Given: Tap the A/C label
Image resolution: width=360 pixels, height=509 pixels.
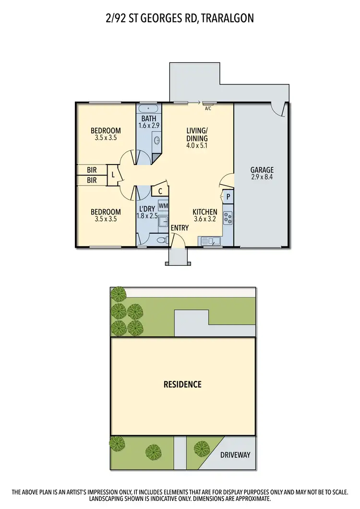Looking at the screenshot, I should [x=208, y=109].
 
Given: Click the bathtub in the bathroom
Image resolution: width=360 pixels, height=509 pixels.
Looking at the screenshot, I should [x=149, y=108].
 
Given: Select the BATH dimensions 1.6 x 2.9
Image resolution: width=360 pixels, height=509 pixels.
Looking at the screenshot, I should [x=149, y=125].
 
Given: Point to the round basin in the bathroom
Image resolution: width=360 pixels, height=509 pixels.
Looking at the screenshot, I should [x=157, y=140].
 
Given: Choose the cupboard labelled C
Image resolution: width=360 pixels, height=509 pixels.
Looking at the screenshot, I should [x=160, y=191].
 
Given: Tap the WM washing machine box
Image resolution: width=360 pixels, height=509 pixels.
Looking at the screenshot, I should [x=163, y=206].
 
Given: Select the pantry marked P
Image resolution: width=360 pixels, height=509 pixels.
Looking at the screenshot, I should [x=228, y=196].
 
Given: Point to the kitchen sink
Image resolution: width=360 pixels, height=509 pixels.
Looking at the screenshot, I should [x=210, y=241].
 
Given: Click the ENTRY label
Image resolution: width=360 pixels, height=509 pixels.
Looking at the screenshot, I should [x=180, y=228].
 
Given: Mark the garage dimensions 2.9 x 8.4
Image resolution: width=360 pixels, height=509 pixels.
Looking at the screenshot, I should [x=262, y=177].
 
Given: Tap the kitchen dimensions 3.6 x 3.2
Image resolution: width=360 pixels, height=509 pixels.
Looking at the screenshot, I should [x=205, y=219].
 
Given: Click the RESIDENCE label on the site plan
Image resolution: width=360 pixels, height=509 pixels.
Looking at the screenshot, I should [x=182, y=384].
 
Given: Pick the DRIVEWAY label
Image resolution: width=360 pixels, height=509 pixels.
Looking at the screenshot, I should [x=235, y=455].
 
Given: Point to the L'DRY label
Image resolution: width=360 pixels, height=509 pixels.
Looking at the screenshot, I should [x=147, y=209].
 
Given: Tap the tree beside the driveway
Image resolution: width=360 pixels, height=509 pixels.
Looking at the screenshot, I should [x=202, y=449].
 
